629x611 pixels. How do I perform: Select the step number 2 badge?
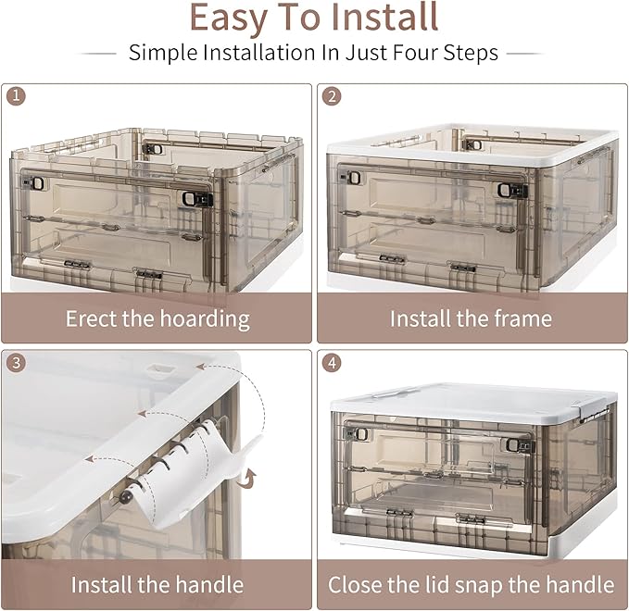330,95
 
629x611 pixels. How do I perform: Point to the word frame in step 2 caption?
521,319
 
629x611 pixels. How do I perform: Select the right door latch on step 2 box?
507,191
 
